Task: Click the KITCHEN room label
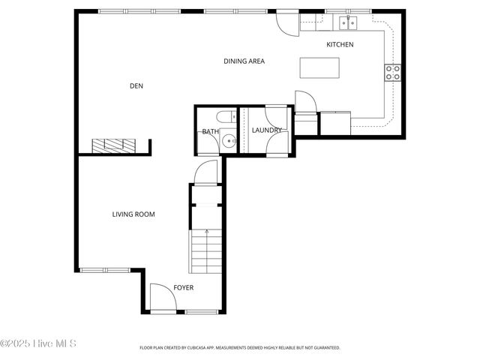click(x=340, y=45)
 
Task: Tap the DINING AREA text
click(x=244, y=61)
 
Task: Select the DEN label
click(x=136, y=86)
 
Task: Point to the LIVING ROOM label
click(x=133, y=214)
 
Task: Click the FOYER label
click(x=184, y=287)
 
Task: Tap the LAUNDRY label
click(x=267, y=130)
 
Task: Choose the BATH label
click(x=210, y=132)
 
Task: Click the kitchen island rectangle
click(x=318, y=67)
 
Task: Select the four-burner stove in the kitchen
click(x=393, y=72)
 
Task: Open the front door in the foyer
click(x=163, y=298)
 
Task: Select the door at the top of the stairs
click(x=205, y=173)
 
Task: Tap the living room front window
click(x=105, y=270)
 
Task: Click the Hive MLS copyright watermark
click(x=38, y=344)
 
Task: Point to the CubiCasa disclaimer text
click(x=240, y=348)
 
